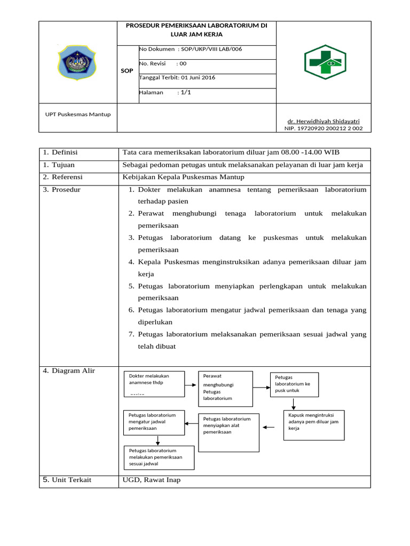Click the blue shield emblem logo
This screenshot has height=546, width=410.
(77, 62)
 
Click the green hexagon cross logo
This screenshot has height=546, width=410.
(325, 62)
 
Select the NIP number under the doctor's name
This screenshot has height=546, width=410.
(323, 129)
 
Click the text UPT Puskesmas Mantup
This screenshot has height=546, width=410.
(78, 114)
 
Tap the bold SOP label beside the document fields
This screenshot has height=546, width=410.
(127, 71)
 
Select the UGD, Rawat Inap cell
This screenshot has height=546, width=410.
(152, 480)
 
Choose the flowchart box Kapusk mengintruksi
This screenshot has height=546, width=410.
(313, 424)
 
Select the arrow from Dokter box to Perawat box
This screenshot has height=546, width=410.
(191, 384)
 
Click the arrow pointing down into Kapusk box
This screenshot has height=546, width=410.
(294, 404)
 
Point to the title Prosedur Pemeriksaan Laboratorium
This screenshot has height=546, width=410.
(196, 29)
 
